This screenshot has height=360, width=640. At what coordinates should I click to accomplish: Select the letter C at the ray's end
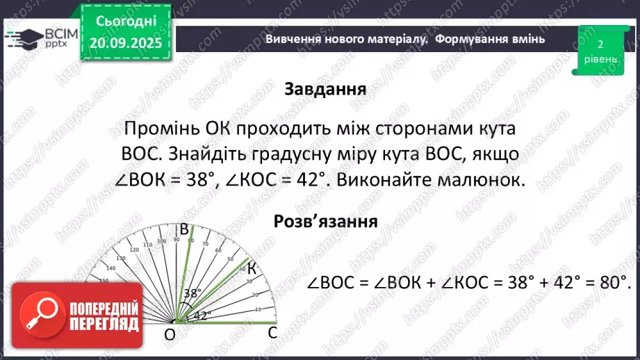tap(273, 333)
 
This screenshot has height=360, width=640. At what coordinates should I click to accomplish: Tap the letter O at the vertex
tap(170, 336)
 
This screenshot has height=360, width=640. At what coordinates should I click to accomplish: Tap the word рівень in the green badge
tap(600, 60)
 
